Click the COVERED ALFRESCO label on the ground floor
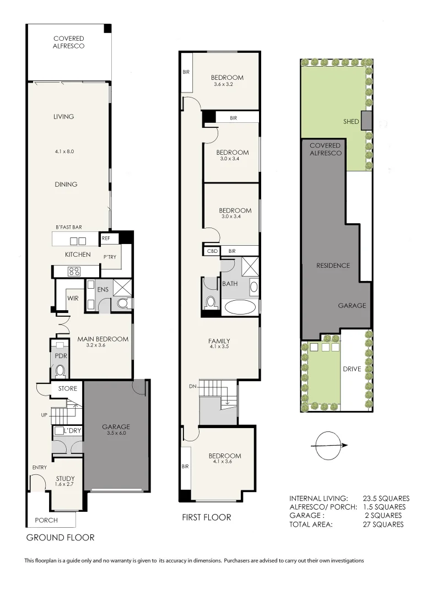click(x=69, y=42)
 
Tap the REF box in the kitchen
click(x=106, y=239)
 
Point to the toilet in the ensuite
click(x=122, y=302)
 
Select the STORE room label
click(x=68, y=388)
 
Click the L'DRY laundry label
click(x=73, y=430)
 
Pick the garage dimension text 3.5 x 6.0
click(x=116, y=433)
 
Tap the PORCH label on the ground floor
click(x=46, y=520)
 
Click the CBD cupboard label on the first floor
click(x=212, y=251)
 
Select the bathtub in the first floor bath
click(x=239, y=307)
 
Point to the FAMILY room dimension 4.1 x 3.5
click(x=219, y=348)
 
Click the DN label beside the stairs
click(x=192, y=387)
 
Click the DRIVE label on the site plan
click(x=352, y=369)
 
